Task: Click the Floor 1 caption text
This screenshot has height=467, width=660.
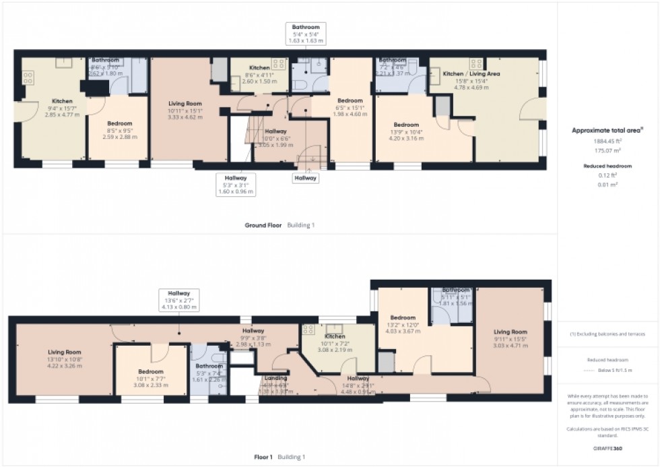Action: pos(263,456)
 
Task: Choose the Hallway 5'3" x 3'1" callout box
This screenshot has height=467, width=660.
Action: pos(238,183)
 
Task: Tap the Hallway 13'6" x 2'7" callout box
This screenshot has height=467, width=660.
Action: pos(178,300)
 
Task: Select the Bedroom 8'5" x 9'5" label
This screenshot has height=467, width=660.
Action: pos(121,129)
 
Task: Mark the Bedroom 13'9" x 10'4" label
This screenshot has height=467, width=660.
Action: pos(406,131)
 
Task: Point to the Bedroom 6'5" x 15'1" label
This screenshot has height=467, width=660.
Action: pos(350,106)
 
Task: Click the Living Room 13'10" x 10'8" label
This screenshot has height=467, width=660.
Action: pos(64,357)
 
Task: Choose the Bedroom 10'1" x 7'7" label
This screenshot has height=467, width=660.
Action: pos(150,377)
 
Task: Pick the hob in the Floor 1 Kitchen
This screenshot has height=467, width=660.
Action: pos(309,330)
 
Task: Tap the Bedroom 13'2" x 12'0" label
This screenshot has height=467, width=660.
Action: pos(402,322)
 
